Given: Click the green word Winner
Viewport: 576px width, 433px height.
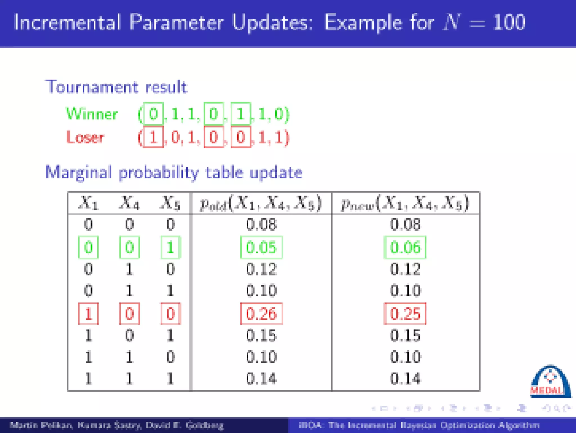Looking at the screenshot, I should pyautogui.click(x=92, y=114).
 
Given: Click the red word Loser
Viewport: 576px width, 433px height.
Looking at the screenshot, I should pyautogui.click(x=85, y=138).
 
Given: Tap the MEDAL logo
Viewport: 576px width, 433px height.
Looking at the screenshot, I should pyautogui.click(x=550, y=382).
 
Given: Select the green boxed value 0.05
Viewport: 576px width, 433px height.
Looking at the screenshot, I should pyautogui.click(x=261, y=248).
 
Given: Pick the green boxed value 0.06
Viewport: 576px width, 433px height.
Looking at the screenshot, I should pyautogui.click(x=405, y=248).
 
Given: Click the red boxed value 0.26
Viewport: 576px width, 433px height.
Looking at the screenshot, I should pyautogui.click(x=261, y=314).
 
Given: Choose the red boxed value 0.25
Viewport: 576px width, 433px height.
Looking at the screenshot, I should pyautogui.click(x=405, y=314).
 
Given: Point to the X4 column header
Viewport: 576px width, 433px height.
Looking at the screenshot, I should pyautogui.click(x=129, y=203).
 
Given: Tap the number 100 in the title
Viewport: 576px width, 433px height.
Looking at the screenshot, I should pyautogui.click(x=509, y=23).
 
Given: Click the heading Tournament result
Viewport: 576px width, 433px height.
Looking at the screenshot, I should pyautogui.click(x=116, y=87).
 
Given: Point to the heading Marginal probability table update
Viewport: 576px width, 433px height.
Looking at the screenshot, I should pyautogui.click(x=174, y=172).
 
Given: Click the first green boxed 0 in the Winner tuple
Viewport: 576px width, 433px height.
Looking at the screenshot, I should pyautogui.click(x=153, y=114).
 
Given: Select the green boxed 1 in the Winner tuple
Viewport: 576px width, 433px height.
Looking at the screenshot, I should pyautogui.click(x=241, y=114).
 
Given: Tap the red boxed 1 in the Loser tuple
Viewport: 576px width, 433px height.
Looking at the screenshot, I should pyautogui.click(x=153, y=138).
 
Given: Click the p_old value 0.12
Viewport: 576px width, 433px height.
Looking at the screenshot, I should pyautogui.click(x=261, y=269).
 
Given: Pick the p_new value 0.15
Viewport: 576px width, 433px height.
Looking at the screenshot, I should pyautogui.click(x=405, y=335).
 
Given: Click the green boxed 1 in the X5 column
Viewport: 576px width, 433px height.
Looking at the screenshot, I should pyautogui.click(x=170, y=248).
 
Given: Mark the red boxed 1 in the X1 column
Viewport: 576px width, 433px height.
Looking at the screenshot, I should pyautogui.click(x=88, y=314).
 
